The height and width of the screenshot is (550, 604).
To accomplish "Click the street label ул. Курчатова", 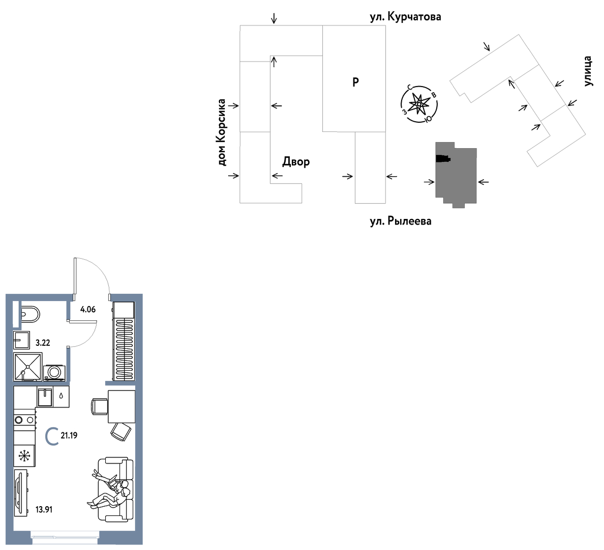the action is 405,17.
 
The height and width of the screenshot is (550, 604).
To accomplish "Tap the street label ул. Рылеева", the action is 401,222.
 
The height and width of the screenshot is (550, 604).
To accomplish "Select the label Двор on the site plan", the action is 296,162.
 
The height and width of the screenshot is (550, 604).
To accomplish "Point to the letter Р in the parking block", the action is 355,82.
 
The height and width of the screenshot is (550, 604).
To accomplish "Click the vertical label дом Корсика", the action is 222,132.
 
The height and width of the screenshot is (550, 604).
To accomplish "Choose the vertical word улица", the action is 587,71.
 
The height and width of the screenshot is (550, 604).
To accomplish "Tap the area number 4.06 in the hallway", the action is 88,310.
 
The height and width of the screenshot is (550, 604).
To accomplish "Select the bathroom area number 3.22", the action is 43,343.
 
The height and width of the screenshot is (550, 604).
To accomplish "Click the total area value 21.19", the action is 69,435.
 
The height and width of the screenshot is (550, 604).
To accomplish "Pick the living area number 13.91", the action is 44,509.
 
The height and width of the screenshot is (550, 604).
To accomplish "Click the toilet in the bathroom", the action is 29,314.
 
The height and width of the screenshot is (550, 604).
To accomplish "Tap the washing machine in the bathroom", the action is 54,373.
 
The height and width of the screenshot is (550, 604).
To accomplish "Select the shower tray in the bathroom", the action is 28,367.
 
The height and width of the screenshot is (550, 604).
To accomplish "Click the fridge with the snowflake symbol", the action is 24,456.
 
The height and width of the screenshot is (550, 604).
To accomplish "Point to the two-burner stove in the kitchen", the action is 24,420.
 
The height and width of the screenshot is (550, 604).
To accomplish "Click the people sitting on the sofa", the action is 109,488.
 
